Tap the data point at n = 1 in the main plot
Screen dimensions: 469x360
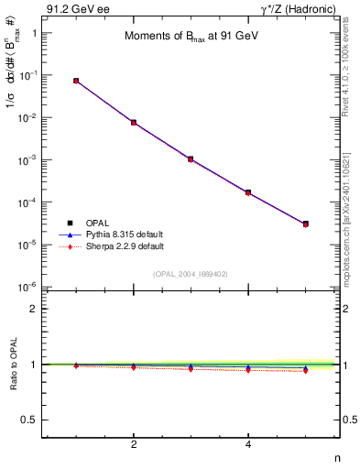(76, 81)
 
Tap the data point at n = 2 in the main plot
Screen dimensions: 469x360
(134, 122)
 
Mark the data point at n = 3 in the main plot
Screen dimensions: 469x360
(191, 158)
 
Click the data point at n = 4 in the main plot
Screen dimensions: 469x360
(248, 192)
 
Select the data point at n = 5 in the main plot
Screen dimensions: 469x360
(306, 224)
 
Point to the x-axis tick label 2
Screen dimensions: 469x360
(134, 446)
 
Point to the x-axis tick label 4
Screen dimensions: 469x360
(248, 446)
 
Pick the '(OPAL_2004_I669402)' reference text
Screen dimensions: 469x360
(191, 274)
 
